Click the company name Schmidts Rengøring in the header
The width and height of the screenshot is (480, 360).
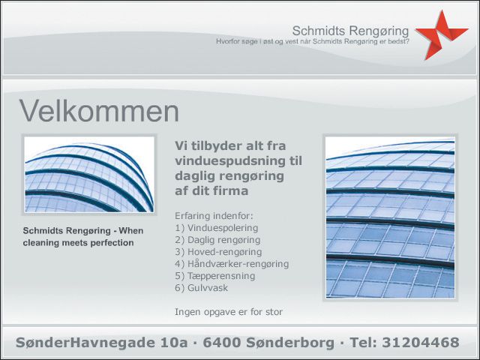[350, 31]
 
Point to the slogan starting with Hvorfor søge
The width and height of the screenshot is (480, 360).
[313, 41]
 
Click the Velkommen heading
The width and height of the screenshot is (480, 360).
[99, 110]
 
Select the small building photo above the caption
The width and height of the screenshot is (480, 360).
[89, 174]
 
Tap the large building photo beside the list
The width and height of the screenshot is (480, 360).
[390, 217]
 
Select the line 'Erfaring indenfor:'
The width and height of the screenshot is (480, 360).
[214, 216]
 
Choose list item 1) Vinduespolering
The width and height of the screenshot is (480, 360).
[217, 228]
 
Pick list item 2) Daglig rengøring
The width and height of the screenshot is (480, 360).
[217, 240]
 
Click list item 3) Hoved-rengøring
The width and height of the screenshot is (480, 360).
[218, 252]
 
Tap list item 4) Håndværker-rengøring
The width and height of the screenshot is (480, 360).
[232, 264]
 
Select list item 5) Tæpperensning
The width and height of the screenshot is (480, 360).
[215, 276]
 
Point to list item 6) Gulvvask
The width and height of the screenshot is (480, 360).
[202, 288]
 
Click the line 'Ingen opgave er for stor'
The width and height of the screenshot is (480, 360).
[229, 312]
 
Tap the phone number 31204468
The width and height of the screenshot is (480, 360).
[421, 342]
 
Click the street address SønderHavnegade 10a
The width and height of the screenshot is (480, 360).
[102, 342]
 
